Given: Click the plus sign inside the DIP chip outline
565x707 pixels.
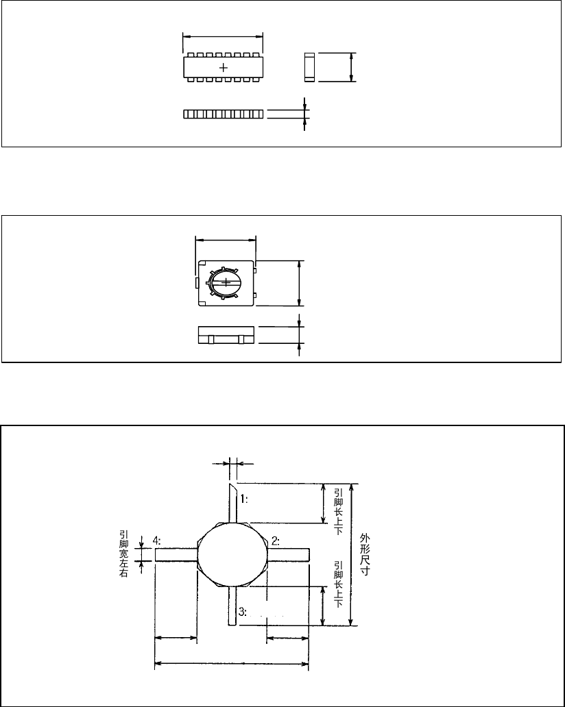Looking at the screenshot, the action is (x=224, y=67).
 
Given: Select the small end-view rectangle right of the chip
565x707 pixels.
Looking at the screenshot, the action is (x=309, y=67).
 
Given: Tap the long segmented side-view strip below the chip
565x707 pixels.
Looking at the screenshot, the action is (x=224, y=114).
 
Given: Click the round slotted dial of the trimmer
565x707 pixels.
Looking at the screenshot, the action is (x=226, y=282).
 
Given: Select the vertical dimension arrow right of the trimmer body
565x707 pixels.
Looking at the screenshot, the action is (x=299, y=282).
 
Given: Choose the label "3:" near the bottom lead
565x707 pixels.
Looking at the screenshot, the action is (x=242, y=610).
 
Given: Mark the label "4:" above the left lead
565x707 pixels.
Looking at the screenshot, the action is (x=157, y=541).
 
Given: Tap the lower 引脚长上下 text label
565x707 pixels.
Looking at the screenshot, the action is (x=338, y=588).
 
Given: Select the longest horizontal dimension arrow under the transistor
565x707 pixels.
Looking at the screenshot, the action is (x=232, y=663).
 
